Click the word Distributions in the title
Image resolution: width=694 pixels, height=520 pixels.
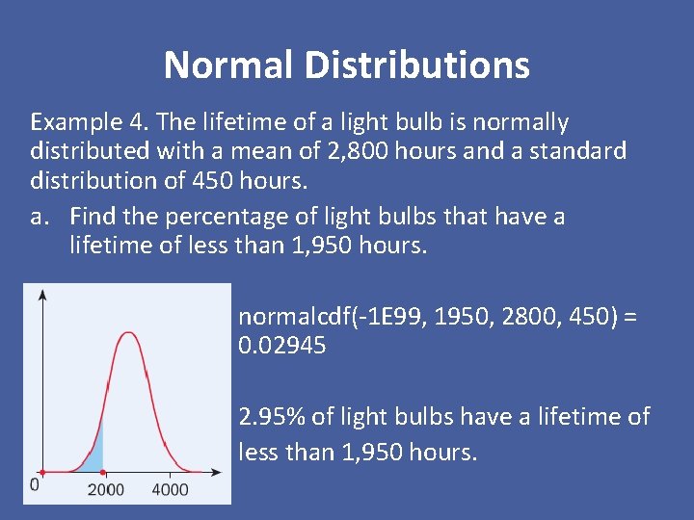tap(416, 65)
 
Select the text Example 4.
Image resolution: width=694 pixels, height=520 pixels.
tap(89, 122)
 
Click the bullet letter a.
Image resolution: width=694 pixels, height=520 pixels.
tap(40, 217)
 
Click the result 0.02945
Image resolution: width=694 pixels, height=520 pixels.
tap(282, 345)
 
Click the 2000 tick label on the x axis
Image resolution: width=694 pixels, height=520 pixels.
tap(105, 490)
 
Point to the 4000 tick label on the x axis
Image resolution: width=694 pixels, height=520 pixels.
tap(171, 490)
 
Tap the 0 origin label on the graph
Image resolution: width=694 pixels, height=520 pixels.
tap(35, 483)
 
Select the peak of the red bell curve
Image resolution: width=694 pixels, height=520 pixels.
tap(127, 334)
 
